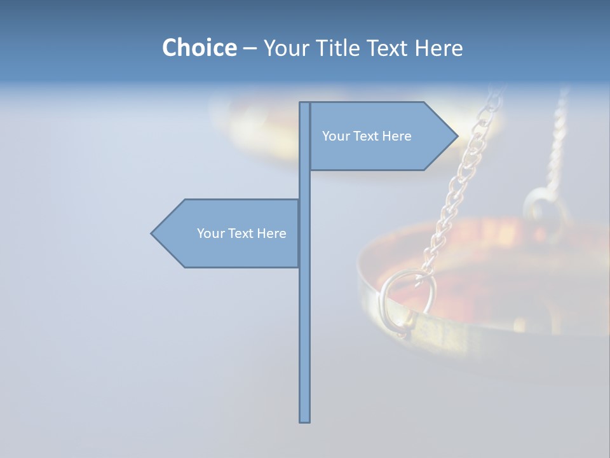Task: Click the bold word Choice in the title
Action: [199, 48]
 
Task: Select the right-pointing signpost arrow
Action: [381, 136]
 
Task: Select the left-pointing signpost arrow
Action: [229, 233]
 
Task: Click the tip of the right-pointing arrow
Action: [456, 135]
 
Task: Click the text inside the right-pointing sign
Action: [367, 136]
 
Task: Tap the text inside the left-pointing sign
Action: [241, 233]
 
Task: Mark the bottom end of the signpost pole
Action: [304, 420]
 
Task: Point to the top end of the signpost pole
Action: [304, 104]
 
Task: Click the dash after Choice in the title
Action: [250, 48]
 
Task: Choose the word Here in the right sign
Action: [396, 136]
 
